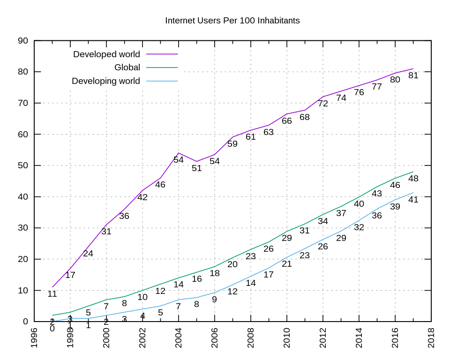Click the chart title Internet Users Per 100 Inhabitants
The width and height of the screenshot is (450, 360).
point(232,21)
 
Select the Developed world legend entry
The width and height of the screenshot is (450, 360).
point(106,54)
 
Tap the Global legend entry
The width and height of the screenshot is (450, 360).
point(127,67)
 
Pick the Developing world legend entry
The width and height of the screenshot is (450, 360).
point(105,81)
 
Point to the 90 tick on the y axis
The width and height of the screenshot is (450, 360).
point(23,41)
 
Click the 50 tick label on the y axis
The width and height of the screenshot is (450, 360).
point(23,165)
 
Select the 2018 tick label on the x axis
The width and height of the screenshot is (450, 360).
point(431,337)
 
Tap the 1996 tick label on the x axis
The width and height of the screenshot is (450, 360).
point(34,337)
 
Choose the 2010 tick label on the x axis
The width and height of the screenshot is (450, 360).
point(287,337)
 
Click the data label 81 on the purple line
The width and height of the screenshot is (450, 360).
point(413,75)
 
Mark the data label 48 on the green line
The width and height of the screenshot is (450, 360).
point(413,179)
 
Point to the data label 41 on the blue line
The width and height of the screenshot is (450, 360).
point(413,199)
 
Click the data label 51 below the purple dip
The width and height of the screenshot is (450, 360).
point(197,168)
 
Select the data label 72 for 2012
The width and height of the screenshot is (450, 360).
point(323,104)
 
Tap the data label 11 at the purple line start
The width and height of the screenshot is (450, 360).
point(52,294)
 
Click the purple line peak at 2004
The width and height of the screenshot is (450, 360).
point(179,153)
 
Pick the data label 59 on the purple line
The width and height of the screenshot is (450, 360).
point(232,144)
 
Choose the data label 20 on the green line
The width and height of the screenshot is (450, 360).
point(232,264)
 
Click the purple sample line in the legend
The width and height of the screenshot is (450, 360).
point(162,54)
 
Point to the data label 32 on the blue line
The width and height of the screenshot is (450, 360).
point(359,227)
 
